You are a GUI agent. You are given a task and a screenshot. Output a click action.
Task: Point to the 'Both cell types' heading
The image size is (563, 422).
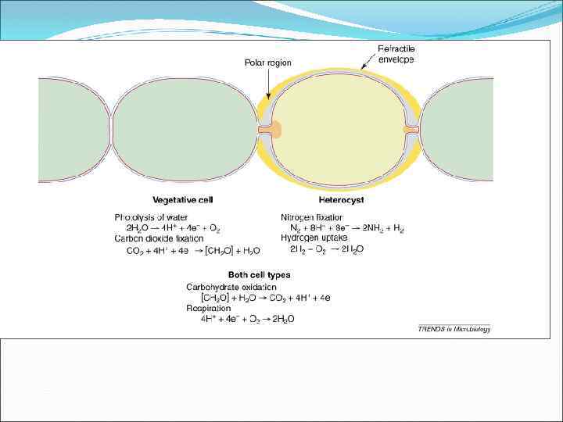259,275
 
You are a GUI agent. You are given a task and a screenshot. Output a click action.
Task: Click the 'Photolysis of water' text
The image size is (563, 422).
152,216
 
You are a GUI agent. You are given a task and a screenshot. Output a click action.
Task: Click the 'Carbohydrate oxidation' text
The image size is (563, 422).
231,287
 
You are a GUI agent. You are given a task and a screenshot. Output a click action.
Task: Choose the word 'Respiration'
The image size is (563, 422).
208,308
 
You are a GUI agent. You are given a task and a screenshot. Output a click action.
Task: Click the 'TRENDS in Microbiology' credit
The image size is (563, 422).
454,329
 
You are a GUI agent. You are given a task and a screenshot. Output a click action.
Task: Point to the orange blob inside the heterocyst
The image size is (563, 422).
276,129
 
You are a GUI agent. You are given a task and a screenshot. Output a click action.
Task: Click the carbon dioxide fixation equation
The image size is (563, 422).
192,250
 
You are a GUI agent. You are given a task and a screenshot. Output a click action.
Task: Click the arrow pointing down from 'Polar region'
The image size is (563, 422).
267,82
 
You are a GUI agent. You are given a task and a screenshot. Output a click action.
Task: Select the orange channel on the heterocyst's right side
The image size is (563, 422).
411,129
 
